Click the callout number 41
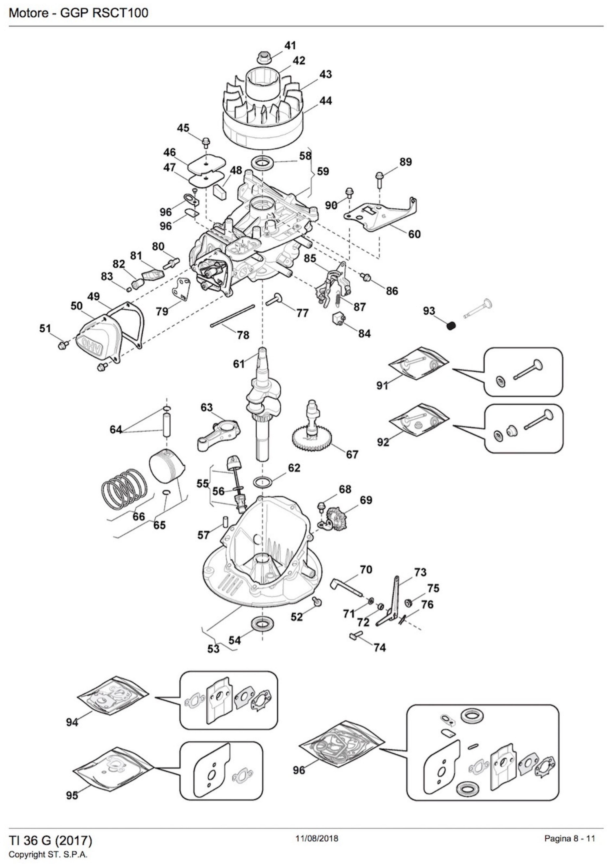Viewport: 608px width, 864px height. coord(290,46)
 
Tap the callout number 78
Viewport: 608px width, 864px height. coord(243,335)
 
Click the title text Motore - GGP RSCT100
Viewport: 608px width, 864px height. coord(78,13)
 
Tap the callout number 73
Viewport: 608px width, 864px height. coord(420,572)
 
